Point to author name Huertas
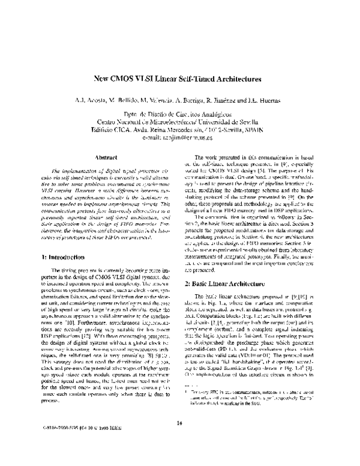[x=261, y=100]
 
